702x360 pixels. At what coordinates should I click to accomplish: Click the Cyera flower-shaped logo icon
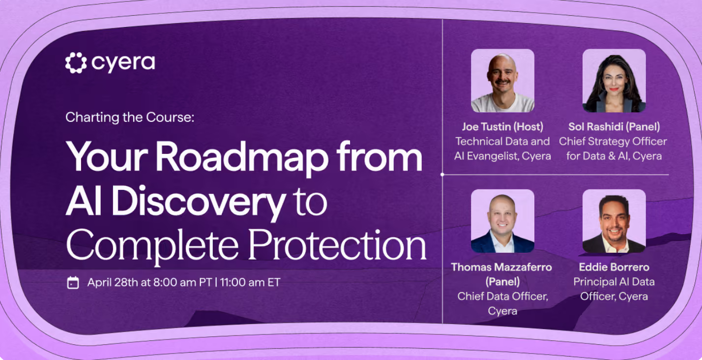tap(76, 63)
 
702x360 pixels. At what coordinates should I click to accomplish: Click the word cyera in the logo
tap(123, 63)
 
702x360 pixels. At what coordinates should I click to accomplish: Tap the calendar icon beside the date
tap(73, 283)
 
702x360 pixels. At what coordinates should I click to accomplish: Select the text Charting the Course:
tap(130, 117)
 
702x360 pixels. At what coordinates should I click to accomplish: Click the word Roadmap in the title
tap(242, 156)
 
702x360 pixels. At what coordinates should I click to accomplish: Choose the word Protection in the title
tap(338, 244)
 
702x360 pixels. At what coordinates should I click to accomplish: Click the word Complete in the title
tap(152, 245)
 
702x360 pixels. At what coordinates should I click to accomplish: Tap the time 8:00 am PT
tap(182, 282)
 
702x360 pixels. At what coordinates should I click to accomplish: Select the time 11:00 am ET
tap(250, 282)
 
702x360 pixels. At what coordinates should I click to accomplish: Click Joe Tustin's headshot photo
tap(503, 81)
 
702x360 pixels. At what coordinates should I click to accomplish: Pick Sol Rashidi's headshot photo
tap(614, 81)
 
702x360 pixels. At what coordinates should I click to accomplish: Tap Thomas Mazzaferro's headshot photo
tap(503, 221)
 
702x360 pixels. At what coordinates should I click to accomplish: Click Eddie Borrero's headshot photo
tap(614, 221)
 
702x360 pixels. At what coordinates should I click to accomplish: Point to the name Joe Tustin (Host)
tap(503, 127)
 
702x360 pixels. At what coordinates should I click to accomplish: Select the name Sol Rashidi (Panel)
tap(614, 127)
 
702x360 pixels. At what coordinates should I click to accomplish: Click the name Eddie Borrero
tap(614, 267)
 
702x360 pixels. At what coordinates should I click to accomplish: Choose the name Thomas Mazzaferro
tap(501, 267)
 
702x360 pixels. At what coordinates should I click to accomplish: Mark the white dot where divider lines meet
tap(442, 175)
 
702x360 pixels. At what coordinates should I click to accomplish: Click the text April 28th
tap(113, 282)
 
